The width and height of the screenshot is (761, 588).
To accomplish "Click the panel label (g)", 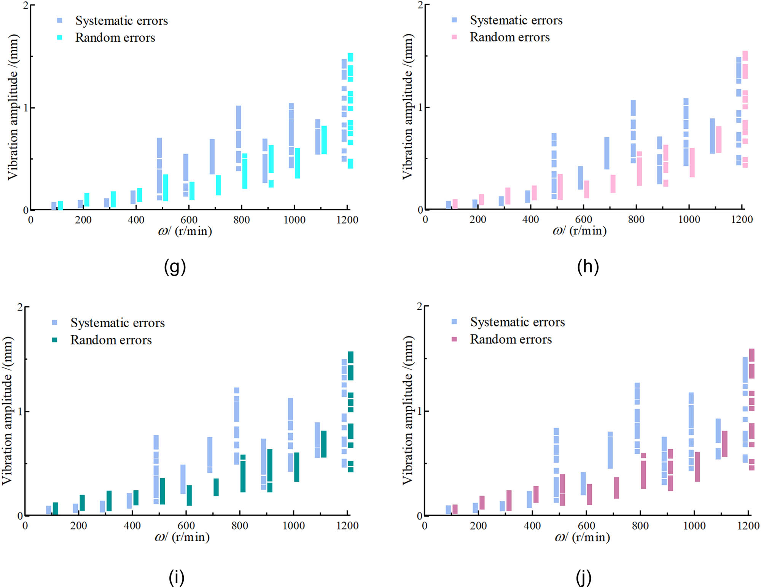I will click(x=175, y=267).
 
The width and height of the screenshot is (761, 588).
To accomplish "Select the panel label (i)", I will click(x=176, y=577).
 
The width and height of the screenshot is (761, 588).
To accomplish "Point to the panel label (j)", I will click(x=584, y=578).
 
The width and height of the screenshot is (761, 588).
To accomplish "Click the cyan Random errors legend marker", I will click(x=60, y=37).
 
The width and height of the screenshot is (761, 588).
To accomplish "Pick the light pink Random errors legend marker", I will click(x=454, y=37).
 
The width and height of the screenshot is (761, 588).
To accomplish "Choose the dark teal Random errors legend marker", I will click(x=54, y=339).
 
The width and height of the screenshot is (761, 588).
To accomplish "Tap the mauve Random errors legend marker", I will click(x=454, y=339).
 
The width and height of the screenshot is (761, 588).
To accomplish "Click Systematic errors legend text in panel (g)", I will click(x=121, y=21).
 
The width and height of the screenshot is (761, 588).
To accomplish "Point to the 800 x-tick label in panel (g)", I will click(x=242, y=220).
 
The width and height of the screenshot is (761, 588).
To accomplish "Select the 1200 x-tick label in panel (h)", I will click(x=742, y=220).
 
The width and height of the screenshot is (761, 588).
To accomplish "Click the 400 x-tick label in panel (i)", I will click(x=132, y=526).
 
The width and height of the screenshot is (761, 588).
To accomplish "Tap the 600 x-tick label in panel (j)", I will click(x=586, y=526).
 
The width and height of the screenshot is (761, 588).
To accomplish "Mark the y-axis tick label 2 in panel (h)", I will click(x=420, y=5).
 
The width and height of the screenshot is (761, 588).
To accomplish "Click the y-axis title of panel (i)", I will click(x=8, y=410).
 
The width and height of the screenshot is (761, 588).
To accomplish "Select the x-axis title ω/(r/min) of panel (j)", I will click(x=582, y=537).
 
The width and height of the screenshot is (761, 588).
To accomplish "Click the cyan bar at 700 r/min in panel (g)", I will click(x=218, y=185).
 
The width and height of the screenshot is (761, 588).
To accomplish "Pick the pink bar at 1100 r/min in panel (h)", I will click(x=719, y=139).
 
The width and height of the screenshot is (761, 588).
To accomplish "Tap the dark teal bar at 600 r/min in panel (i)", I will click(x=189, y=495).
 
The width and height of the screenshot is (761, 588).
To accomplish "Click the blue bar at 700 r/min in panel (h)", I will click(x=607, y=153).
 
